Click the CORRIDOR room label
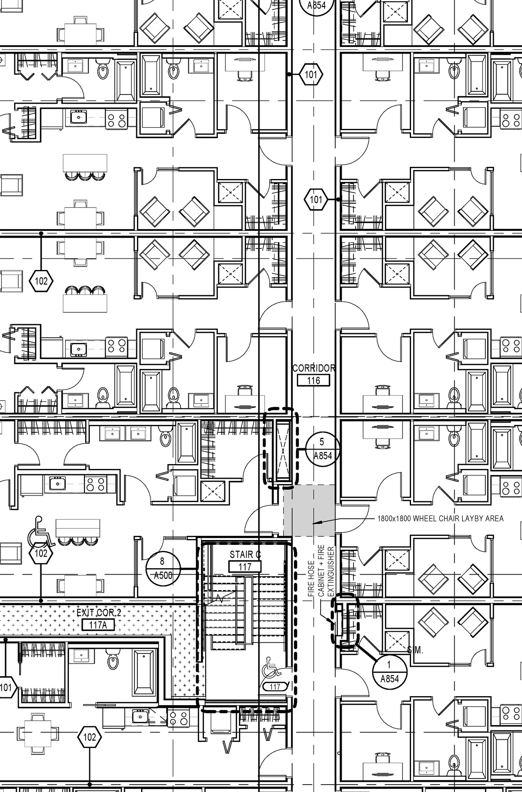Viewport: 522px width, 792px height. point(314,368)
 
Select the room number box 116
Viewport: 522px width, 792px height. point(313,381)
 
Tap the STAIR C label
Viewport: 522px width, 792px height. point(245,555)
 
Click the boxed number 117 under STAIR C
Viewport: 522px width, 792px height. point(245,566)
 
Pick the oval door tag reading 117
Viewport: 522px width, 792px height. point(275,687)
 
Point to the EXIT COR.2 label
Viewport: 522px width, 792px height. point(99,613)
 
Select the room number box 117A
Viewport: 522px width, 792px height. point(98,625)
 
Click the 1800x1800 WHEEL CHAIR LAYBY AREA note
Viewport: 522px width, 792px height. point(440,519)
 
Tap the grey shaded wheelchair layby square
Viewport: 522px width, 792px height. point(309,511)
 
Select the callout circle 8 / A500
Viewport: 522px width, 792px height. point(162,568)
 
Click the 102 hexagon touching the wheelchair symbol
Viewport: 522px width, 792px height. point(41,553)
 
